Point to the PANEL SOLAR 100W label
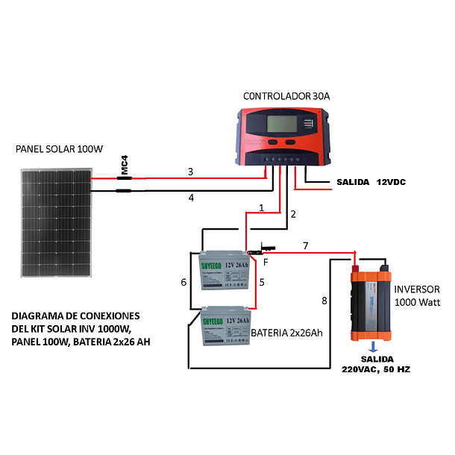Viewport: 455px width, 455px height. pyautogui.click(x=59, y=149)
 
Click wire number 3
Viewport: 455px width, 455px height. pyautogui.click(x=190, y=172)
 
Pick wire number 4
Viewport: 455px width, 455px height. pyautogui.click(x=191, y=198)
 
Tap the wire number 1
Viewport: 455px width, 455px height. pyautogui.click(x=261, y=207)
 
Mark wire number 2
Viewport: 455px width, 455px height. pyautogui.click(x=293, y=215)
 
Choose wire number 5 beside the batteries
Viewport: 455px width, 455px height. pyautogui.click(x=262, y=282)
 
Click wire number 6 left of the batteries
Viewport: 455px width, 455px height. pyautogui.click(x=183, y=282)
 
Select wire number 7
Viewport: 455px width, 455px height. pyautogui.click(x=304, y=245)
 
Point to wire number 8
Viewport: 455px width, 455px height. pyautogui.click(x=324, y=301)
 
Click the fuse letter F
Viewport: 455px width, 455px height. pyautogui.click(x=266, y=263)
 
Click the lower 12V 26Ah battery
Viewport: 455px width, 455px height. pyautogui.click(x=225, y=327)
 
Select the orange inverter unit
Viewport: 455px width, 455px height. pyautogui.click(x=369, y=304)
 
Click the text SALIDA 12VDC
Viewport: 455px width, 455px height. pyautogui.click(x=371, y=182)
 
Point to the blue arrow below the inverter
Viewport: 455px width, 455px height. pyautogui.click(x=371, y=346)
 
